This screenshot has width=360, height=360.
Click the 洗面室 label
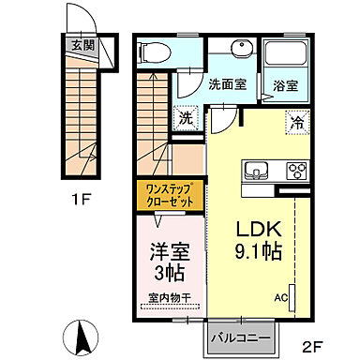pyautogui.click(x=229, y=84)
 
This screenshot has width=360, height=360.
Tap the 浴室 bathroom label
pyautogui.click(x=285, y=84)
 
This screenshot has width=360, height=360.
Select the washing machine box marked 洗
pyautogui.click(x=186, y=119)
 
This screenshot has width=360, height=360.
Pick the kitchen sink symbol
pyautogui.click(x=257, y=172)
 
